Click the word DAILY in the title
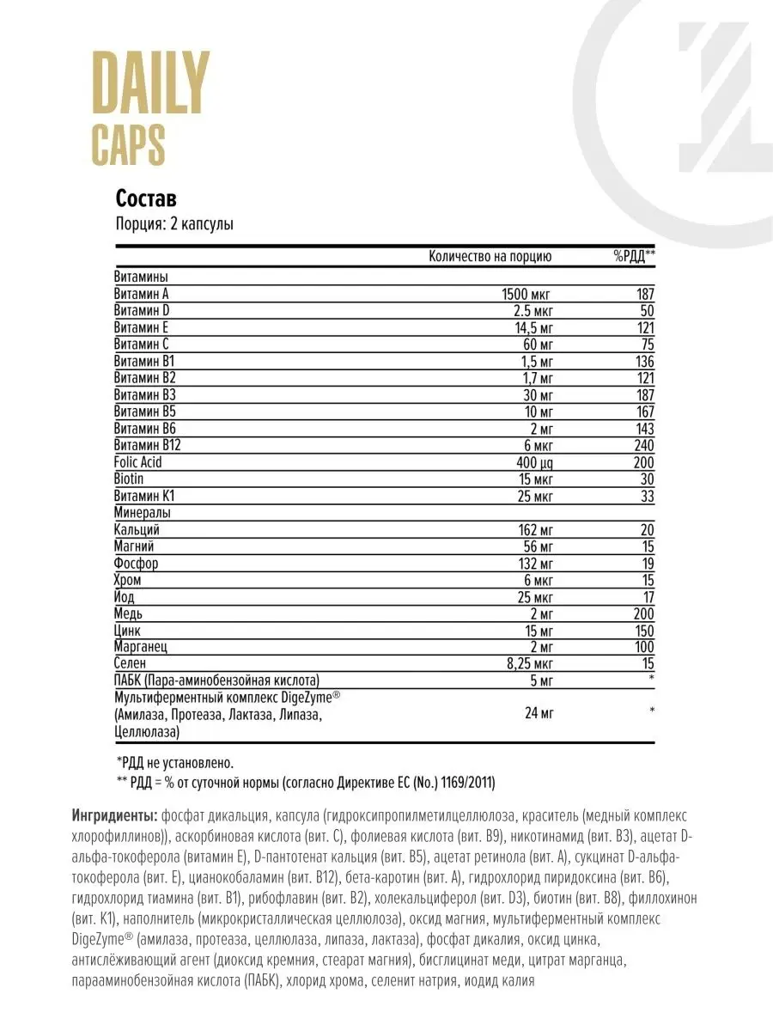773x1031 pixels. point(150,83)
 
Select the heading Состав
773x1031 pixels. point(146,198)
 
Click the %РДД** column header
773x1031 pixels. point(635,256)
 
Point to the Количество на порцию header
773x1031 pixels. point(490,256)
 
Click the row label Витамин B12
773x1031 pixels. point(148,445)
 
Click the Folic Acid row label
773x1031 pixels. point(137,462)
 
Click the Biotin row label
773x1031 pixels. point(129,479)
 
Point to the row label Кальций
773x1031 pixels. point(137,529)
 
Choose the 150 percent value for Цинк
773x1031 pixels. point(642,630)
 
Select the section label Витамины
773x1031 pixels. point(140,277)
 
